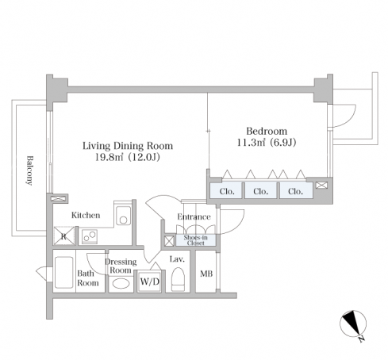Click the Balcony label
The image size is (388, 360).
point(29,170)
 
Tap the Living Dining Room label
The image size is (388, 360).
point(128,146)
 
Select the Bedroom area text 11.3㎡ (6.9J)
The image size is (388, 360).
point(267,143)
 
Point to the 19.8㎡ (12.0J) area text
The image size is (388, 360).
point(128,158)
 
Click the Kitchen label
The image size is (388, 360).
point(86,215)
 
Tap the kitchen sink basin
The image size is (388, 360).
point(123,215)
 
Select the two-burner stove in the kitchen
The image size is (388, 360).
point(90,236)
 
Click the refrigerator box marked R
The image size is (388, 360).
point(63,236)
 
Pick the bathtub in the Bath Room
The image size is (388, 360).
point(63,272)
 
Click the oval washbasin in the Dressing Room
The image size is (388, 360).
point(121,283)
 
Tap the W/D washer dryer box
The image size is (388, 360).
point(150,281)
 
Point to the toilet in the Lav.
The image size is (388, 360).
point(178,279)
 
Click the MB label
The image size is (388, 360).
point(206,274)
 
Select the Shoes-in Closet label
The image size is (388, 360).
point(195,240)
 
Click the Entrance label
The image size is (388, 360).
point(194,216)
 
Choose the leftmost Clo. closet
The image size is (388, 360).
point(226,190)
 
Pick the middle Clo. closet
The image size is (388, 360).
point(260,190)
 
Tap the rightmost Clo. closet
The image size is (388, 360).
point(296,190)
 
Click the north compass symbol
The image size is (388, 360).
point(353,324)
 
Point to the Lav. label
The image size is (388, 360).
point(177,259)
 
